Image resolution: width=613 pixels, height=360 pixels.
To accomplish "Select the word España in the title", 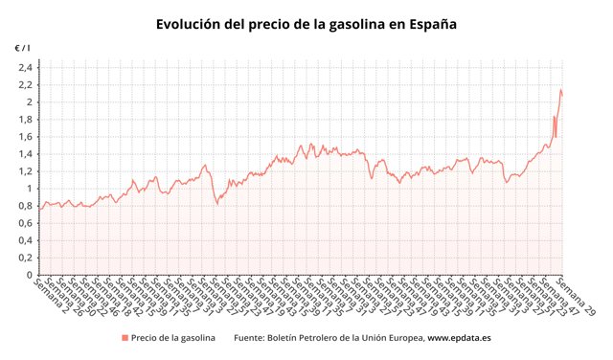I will coord(431,22).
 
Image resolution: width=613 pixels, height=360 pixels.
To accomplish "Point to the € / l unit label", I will coord(22,47).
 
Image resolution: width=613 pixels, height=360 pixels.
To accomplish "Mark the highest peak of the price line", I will coord(560,90).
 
